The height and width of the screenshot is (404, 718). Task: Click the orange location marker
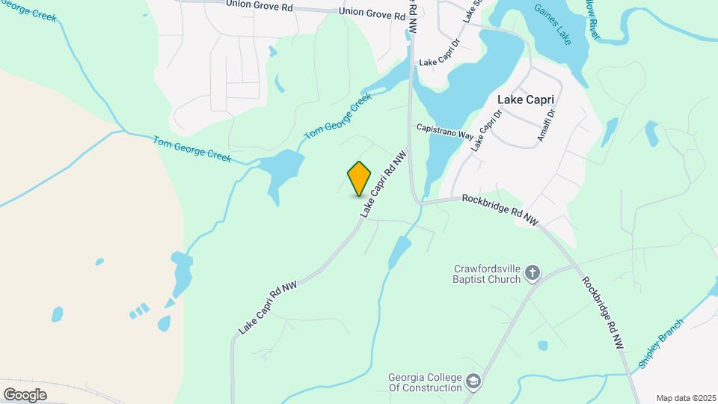(359, 179)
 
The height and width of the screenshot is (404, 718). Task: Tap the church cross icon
(533, 273)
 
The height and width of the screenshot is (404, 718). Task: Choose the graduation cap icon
(473, 382)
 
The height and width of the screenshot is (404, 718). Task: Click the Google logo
(25, 394)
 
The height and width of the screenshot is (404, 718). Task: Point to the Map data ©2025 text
(684, 398)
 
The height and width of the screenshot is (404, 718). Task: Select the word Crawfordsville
(487, 268)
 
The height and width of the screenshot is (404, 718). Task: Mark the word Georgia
(407, 376)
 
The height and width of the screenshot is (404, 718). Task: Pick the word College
(444, 376)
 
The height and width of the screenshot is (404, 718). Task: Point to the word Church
(506, 279)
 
